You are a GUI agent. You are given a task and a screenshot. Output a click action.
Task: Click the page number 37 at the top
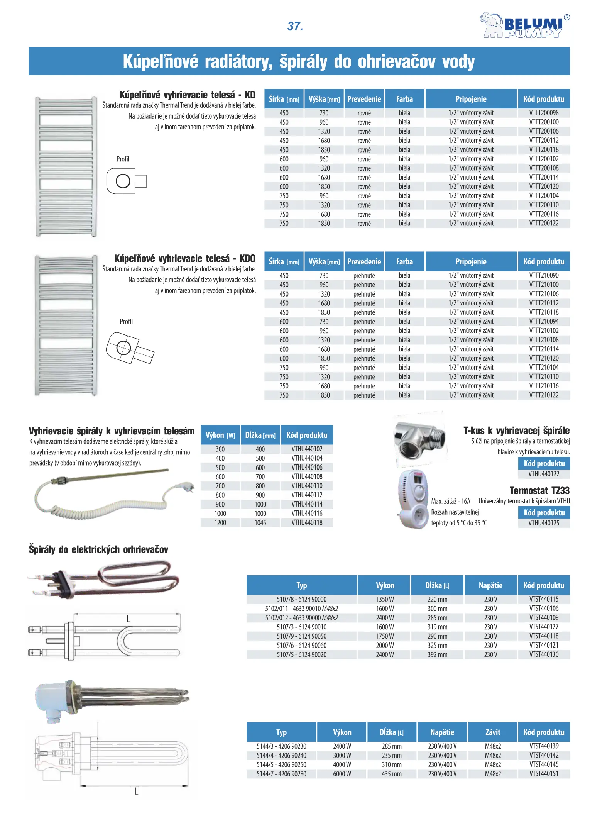295,26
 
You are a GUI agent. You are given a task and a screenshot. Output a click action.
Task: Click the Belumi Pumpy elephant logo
524,25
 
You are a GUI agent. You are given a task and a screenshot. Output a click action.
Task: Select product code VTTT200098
543,113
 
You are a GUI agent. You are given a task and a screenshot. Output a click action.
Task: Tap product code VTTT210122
543,395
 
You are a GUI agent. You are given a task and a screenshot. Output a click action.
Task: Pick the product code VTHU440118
307,522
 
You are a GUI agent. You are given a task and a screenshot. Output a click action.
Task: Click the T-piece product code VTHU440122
543,474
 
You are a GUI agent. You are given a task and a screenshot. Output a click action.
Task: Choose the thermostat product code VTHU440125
543,523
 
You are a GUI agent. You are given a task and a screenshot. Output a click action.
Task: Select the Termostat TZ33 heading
539,491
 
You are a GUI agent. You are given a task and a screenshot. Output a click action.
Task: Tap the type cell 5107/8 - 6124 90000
301,599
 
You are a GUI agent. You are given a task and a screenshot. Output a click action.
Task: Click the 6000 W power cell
342,774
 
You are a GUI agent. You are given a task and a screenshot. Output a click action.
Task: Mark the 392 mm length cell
437,654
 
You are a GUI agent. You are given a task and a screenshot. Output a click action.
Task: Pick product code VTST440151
543,774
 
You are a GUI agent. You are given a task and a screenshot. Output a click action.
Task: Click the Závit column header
492,732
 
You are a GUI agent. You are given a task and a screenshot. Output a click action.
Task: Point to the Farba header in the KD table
404,99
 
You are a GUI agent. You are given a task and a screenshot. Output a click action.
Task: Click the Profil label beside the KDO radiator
126,322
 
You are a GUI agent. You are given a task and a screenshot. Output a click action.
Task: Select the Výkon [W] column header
220,435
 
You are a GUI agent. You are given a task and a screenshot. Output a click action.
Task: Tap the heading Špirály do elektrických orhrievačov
98,549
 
